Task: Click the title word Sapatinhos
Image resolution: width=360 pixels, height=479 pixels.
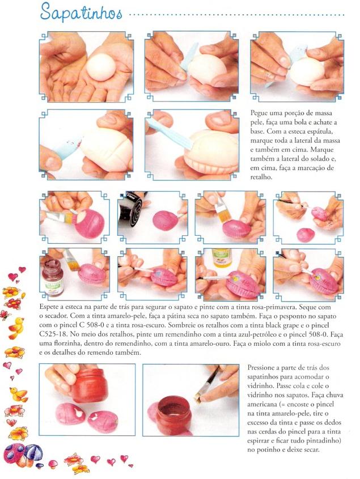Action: (x=81, y=13)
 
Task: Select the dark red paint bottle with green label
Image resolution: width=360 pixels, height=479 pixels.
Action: (x=52, y=277)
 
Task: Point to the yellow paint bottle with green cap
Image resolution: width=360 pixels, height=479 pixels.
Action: (x=222, y=258)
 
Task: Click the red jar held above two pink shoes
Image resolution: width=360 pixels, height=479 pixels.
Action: (x=90, y=385)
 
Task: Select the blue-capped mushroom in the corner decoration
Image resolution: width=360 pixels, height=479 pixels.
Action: (x=33, y=452)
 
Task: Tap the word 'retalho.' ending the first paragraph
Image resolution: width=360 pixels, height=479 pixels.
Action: (x=261, y=177)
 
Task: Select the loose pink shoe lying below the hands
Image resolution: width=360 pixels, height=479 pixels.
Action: (x=306, y=235)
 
